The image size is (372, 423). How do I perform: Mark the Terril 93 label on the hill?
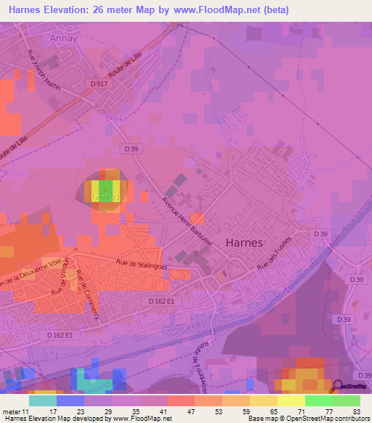click(x=105, y=197)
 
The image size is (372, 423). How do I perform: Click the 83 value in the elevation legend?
click(x=355, y=411)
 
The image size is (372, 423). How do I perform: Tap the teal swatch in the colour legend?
click(x=43, y=400)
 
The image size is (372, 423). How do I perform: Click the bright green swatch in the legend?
click(x=319, y=400)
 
